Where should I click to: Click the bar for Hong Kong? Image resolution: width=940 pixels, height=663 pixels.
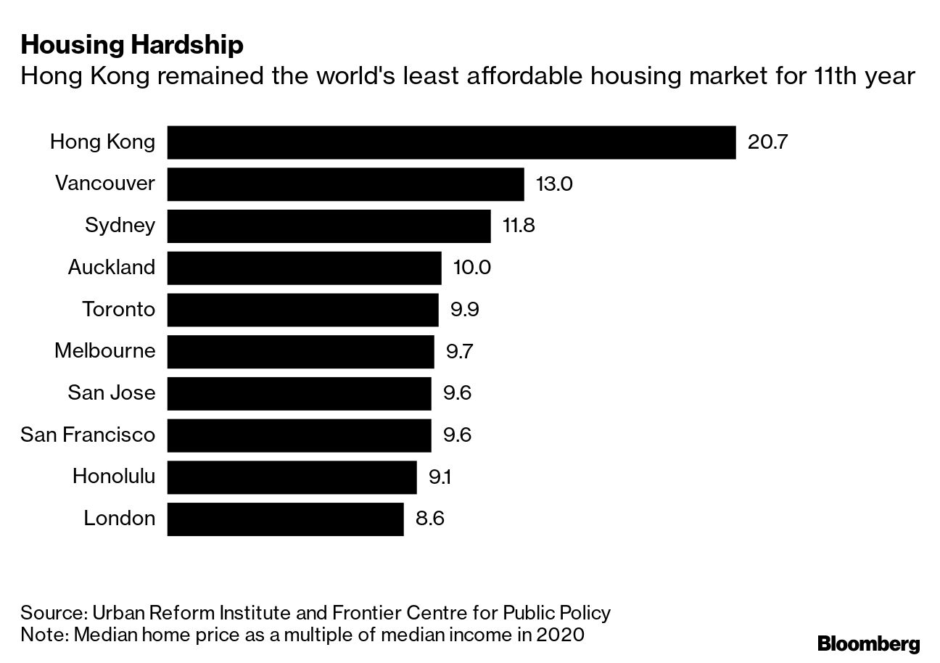click(451, 142)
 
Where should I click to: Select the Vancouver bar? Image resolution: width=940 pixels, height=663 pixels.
click(345, 184)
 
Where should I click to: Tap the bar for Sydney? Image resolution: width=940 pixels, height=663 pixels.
click(329, 226)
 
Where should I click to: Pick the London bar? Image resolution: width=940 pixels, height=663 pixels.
click(285, 519)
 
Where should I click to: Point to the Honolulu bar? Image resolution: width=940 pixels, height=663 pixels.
click(292, 477)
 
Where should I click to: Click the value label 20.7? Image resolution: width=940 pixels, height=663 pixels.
click(767, 142)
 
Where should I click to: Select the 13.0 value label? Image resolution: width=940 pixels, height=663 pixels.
click(554, 184)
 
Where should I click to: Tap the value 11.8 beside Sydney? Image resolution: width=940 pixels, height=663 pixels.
click(519, 226)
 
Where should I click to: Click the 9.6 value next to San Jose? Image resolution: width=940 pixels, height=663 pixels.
click(457, 393)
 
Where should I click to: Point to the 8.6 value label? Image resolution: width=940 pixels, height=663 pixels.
click(429, 519)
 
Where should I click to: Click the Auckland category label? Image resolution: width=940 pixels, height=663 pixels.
click(112, 268)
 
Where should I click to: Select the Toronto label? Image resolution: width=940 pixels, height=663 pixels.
click(118, 310)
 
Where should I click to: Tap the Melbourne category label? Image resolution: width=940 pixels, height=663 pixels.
click(104, 351)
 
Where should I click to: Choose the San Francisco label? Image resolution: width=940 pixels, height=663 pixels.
click(88, 435)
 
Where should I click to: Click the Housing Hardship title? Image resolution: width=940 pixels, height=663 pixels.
click(131, 46)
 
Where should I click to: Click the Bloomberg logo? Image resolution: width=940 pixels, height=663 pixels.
click(868, 643)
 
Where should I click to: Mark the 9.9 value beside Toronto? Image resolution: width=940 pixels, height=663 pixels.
click(465, 310)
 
